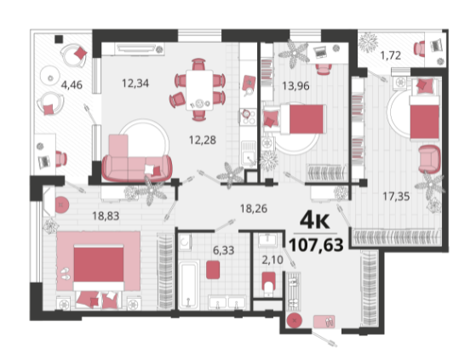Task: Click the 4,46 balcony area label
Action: pyautogui.click(x=72, y=84)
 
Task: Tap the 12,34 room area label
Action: pyautogui.click(x=135, y=83)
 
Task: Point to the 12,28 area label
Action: pyautogui.click(x=203, y=140)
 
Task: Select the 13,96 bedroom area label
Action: pyautogui.click(x=295, y=86)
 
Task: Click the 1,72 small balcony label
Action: pyautogui.click(x=391, y=55)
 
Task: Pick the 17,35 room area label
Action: pyautogui.click(x=396, y=197)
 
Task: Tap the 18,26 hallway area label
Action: pyautogui.click(x=254, y=209)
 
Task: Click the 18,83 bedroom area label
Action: pyautogui.click(x=106, y=216)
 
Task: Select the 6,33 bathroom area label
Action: pyautogui.click(x=223, y=250)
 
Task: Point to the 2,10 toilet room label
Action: pyautogui.click(x=272, y=260)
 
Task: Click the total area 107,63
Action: pyautogui.click(x=316, y=244)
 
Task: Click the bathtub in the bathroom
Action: pyautogui.click(x=188, y=285)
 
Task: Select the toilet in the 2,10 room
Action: pyautogui.click(x=268, y=284)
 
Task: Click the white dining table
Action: pyautogui.click(x=199, y=90)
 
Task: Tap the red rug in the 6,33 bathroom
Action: pyautogui.click(x=213, y=270)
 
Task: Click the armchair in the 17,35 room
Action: pyautogui.click(x=429, y=159)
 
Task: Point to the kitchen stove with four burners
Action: pyautogui.click(x=248, y=117)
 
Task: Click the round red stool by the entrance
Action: pyautogui.click(x=295, y=320)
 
